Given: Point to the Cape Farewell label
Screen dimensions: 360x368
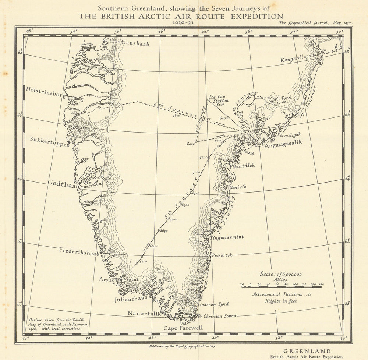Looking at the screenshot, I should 183,328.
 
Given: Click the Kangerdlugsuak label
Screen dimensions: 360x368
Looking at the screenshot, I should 301,59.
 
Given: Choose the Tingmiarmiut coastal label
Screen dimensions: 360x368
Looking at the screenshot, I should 227,238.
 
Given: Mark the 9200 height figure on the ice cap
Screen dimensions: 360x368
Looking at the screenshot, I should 174,220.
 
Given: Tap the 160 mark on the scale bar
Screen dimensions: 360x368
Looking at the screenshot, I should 321,285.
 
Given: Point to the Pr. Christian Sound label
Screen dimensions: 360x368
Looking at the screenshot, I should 217,316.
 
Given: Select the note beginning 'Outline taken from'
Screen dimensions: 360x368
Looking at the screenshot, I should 55,324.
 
